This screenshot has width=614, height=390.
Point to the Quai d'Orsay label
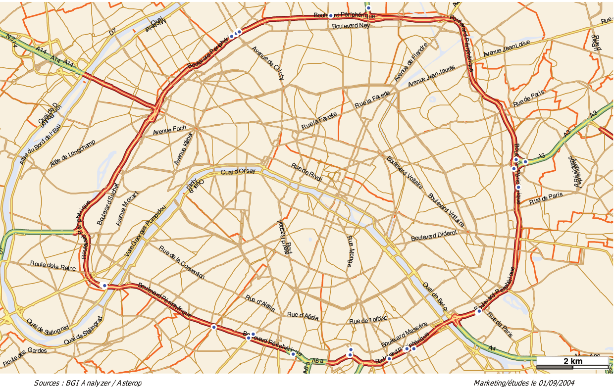238,172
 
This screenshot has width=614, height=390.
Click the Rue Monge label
350,252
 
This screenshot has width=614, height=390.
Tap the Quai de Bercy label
436,297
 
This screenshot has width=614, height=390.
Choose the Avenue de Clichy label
268,63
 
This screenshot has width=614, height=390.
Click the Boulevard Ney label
351,26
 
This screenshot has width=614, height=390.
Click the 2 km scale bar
572,364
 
